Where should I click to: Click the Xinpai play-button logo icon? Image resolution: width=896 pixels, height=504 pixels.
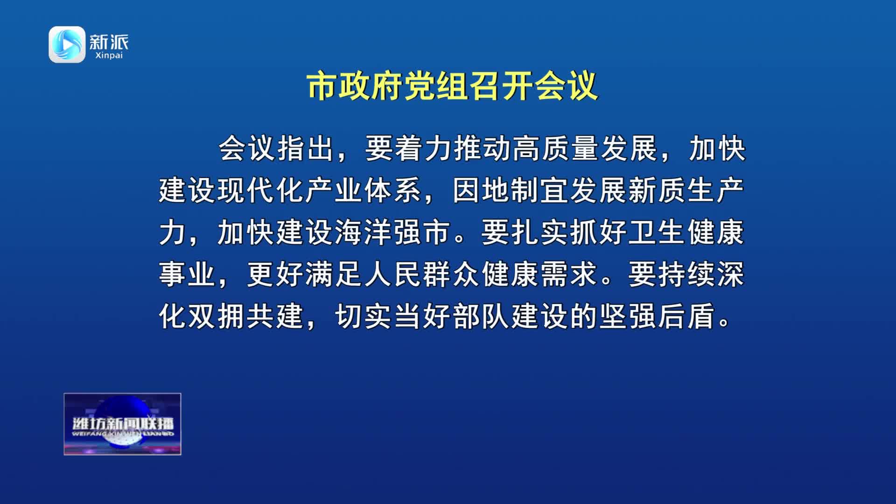point(67,44)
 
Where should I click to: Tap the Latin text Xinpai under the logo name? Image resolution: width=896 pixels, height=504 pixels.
point(109,56)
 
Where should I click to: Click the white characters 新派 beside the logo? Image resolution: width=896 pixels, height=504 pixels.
point(109,42)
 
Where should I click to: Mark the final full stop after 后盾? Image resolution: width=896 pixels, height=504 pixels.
point(725,322)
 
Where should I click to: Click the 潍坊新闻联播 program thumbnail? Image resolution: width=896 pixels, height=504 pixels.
point(122,424)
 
